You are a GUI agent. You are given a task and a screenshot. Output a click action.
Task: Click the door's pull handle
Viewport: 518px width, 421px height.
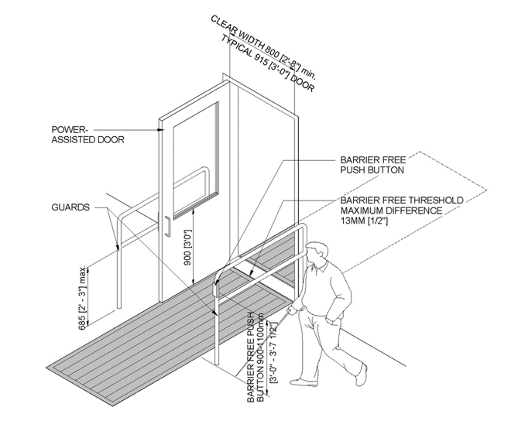166,224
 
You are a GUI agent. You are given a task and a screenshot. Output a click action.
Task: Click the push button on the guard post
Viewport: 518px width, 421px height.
214,289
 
